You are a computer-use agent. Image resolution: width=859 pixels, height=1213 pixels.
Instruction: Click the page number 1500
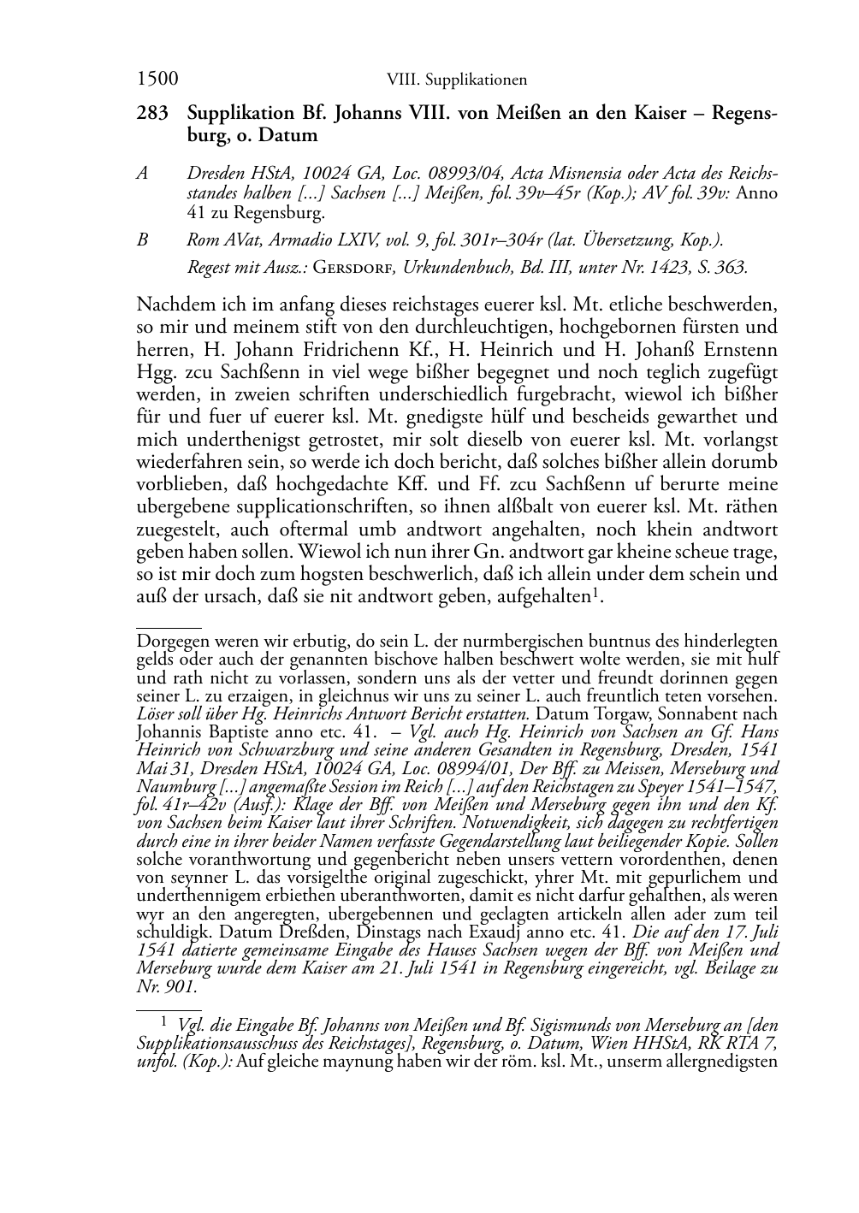click(x=157, y=80)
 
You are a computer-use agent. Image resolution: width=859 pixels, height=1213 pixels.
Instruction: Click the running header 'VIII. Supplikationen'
click(x=456, y=80)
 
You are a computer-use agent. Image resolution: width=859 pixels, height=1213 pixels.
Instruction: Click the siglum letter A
click(x=143, y=173)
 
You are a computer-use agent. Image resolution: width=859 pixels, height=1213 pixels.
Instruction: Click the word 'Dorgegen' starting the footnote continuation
click(x=169, y=641)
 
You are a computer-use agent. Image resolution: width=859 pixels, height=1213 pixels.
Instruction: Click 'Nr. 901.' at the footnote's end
click(x=167, y=986)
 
